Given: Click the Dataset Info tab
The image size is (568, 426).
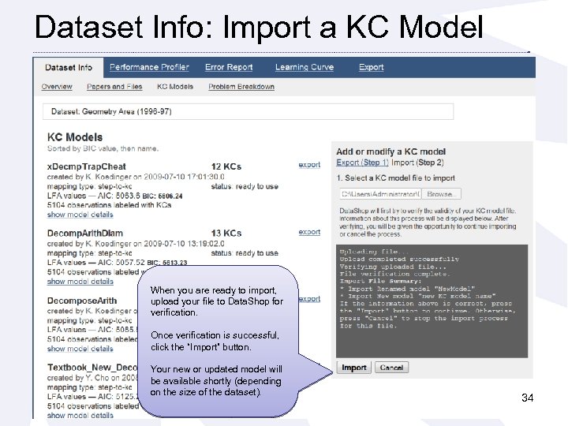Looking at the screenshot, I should (x=69, y=68).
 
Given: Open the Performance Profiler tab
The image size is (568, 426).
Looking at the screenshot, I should (x=149, y=68).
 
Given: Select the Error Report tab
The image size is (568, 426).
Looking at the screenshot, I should (x=229, y=68).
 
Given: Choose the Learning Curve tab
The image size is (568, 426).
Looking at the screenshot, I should (x=304, y=68).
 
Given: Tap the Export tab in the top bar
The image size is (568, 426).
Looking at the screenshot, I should (x=371, y=68).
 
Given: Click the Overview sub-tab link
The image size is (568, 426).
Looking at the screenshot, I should (x=57, y=87).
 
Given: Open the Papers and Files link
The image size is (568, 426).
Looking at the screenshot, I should (x=114, y=87).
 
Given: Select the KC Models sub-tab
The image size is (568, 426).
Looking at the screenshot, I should (x=175, y=87).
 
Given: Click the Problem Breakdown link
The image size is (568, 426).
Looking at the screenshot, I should (x=241, y=87).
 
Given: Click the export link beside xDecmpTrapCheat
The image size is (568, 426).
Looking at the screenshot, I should (x=309, y=165).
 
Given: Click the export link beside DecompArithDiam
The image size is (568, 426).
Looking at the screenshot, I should (x=309, y=232).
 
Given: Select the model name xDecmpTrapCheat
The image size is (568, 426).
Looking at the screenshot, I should (x=86, y=166).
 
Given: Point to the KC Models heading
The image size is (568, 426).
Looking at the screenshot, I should (x=74, y=137).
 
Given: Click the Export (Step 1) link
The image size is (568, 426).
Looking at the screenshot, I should (x=362, y=163).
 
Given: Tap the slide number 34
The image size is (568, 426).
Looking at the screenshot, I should (x=527, y=398).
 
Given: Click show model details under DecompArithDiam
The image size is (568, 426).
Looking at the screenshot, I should (x=80, y=282).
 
